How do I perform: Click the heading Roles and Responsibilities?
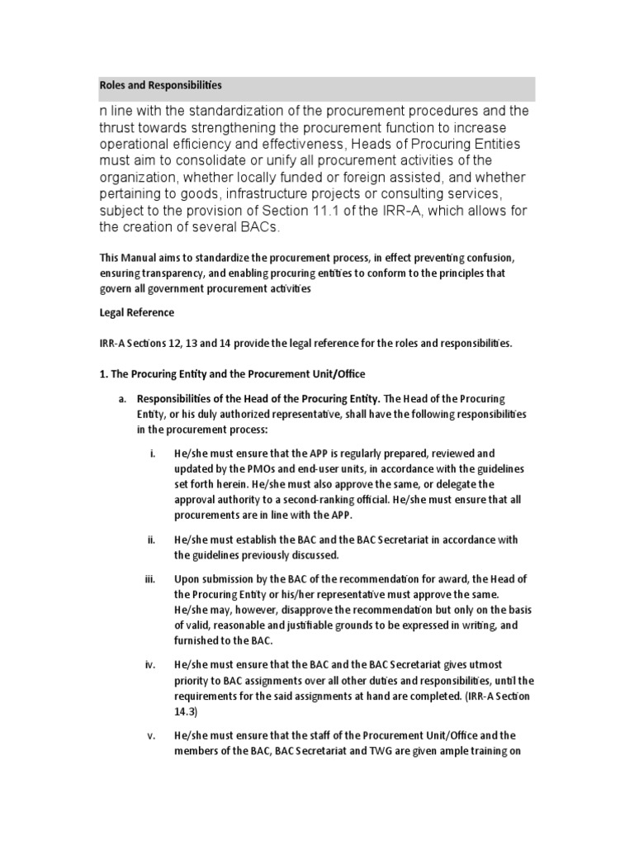tap(160, 85)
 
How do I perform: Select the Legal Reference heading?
tap(136, 313)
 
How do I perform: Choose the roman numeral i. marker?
tap(153, 454)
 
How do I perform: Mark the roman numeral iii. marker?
tap(152, 580)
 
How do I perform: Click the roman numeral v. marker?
tap(152, 735)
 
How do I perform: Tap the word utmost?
tap(493, 665)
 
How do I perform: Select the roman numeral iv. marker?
tap(152, 665)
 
